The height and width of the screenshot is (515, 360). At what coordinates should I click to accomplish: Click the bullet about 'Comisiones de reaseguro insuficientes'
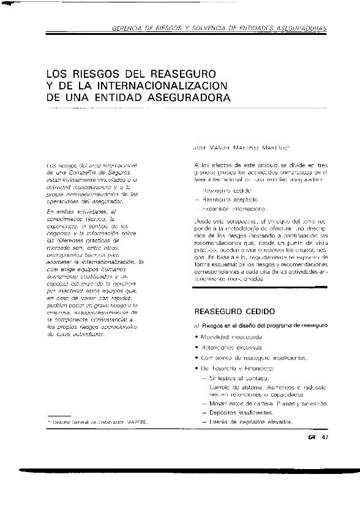coord(252,358)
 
